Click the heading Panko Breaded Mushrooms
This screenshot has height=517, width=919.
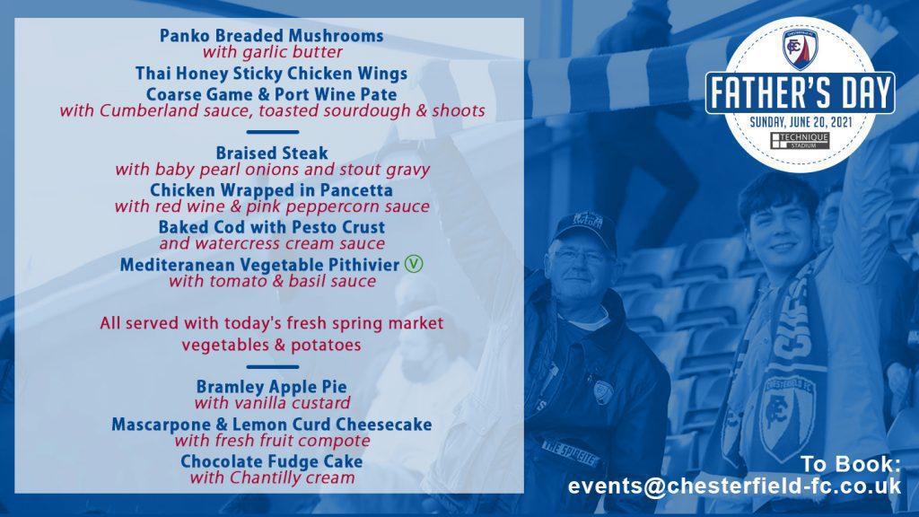271,36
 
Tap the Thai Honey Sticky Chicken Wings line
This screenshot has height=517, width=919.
271,74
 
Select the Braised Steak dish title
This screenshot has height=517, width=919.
271,153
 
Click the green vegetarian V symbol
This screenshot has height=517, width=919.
413,264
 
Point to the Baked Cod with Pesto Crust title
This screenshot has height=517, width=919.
271,227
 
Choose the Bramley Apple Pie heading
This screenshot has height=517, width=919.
271,387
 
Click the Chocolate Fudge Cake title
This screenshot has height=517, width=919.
271,461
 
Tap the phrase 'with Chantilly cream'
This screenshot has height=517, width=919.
272,478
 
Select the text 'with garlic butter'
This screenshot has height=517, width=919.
273,52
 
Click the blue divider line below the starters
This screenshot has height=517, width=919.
273,132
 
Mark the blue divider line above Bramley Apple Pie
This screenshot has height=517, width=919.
273,367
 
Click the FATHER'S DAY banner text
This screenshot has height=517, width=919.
800,92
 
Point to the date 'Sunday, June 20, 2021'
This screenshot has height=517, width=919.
801,122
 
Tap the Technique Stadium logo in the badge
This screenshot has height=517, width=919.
800,141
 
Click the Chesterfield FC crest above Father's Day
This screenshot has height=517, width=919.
800,49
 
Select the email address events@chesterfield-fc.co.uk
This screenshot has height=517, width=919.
734,486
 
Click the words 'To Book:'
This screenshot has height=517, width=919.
851,464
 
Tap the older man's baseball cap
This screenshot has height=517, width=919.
583,230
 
